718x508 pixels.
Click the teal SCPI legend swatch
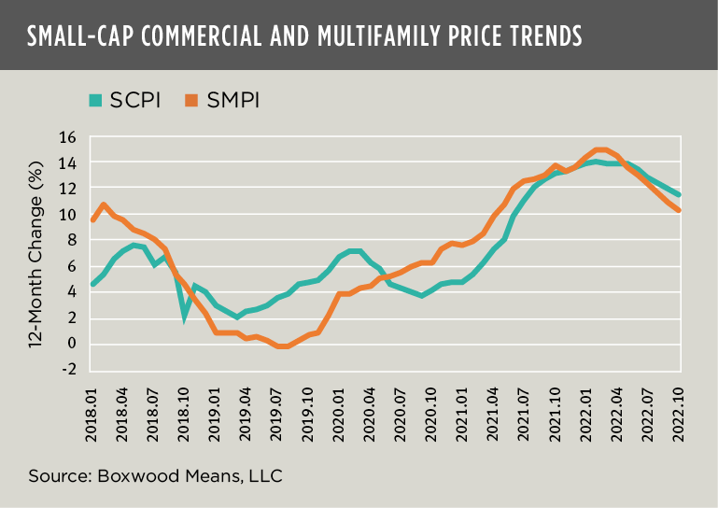tap(95, 99)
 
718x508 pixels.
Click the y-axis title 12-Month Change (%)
tap(36, 253)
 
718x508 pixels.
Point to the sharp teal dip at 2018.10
tap(185, 317)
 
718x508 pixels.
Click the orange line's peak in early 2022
tap(599, 149)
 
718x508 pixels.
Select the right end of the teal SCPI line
tap(679, 195)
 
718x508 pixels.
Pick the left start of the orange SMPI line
tap(92, 220)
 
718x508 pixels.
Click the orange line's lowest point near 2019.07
tap(283, 346)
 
